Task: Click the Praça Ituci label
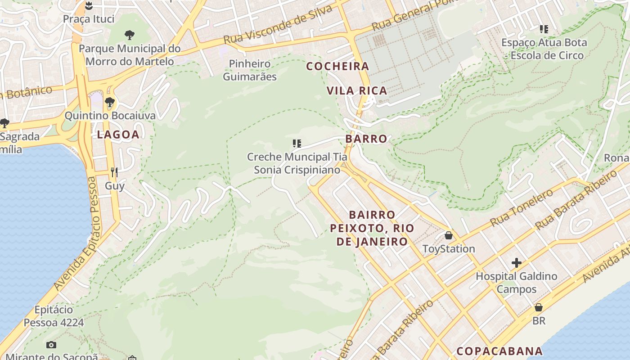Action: (x=88, y=19)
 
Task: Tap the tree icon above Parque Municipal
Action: (x=130, y=35)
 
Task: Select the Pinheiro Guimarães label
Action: (x=250, y=70)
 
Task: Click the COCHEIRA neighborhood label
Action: (x=337, y=66)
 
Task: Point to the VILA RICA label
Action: (x=357, y=90)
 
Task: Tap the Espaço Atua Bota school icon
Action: (x=544, y=29)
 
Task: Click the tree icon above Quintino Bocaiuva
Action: (x=109, y=102)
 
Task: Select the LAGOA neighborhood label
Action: (x=118, y=134)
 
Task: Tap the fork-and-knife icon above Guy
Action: (x=114, y=172)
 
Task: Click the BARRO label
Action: (x=366, y=139)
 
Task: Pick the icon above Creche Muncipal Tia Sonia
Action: (x=297, y=144)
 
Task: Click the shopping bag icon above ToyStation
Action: (x=449, y=235)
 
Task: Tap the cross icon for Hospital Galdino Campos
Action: (x=517, y=262)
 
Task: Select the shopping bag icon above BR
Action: (x=539, y=307)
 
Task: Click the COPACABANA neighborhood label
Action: (x=499, y=351)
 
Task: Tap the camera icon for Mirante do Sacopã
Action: (x=51, y=345)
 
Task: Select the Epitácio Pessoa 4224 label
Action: (x=54, y=316)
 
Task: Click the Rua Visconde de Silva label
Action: (x=278, y=25)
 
